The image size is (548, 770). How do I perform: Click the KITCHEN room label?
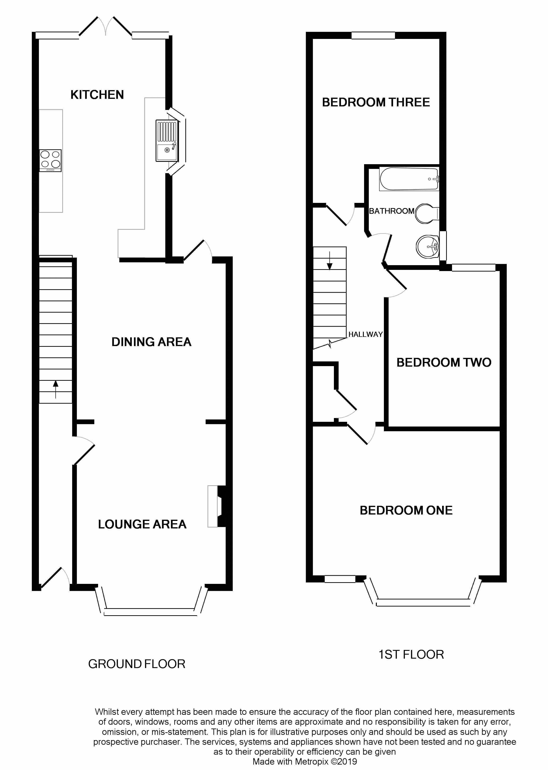click(x=97, y=95)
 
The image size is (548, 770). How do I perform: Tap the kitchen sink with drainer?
click(x=167, y=140)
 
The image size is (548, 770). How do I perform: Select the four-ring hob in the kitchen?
click(x=50, y=160)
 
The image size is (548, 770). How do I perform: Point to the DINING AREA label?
click(x=152, y=342)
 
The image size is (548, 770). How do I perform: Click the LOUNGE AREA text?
click(x=142, y=524)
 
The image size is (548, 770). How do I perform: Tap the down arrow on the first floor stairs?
click(x=330, y=261)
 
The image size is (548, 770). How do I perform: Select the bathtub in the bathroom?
click(x=409, y=179)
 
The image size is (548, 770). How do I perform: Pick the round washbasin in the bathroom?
click(x=427, y=247)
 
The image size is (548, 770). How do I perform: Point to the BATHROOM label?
click(x=391, y=211)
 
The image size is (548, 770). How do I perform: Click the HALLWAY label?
click(x=365, y=334)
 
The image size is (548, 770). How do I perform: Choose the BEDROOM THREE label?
click(x=376, y=102)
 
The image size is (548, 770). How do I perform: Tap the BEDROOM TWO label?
click(x=444, y=363)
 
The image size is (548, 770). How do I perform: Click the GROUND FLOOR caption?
click(x=137, y=664)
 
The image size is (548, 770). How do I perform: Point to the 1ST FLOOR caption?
click(x=411, y=655)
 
